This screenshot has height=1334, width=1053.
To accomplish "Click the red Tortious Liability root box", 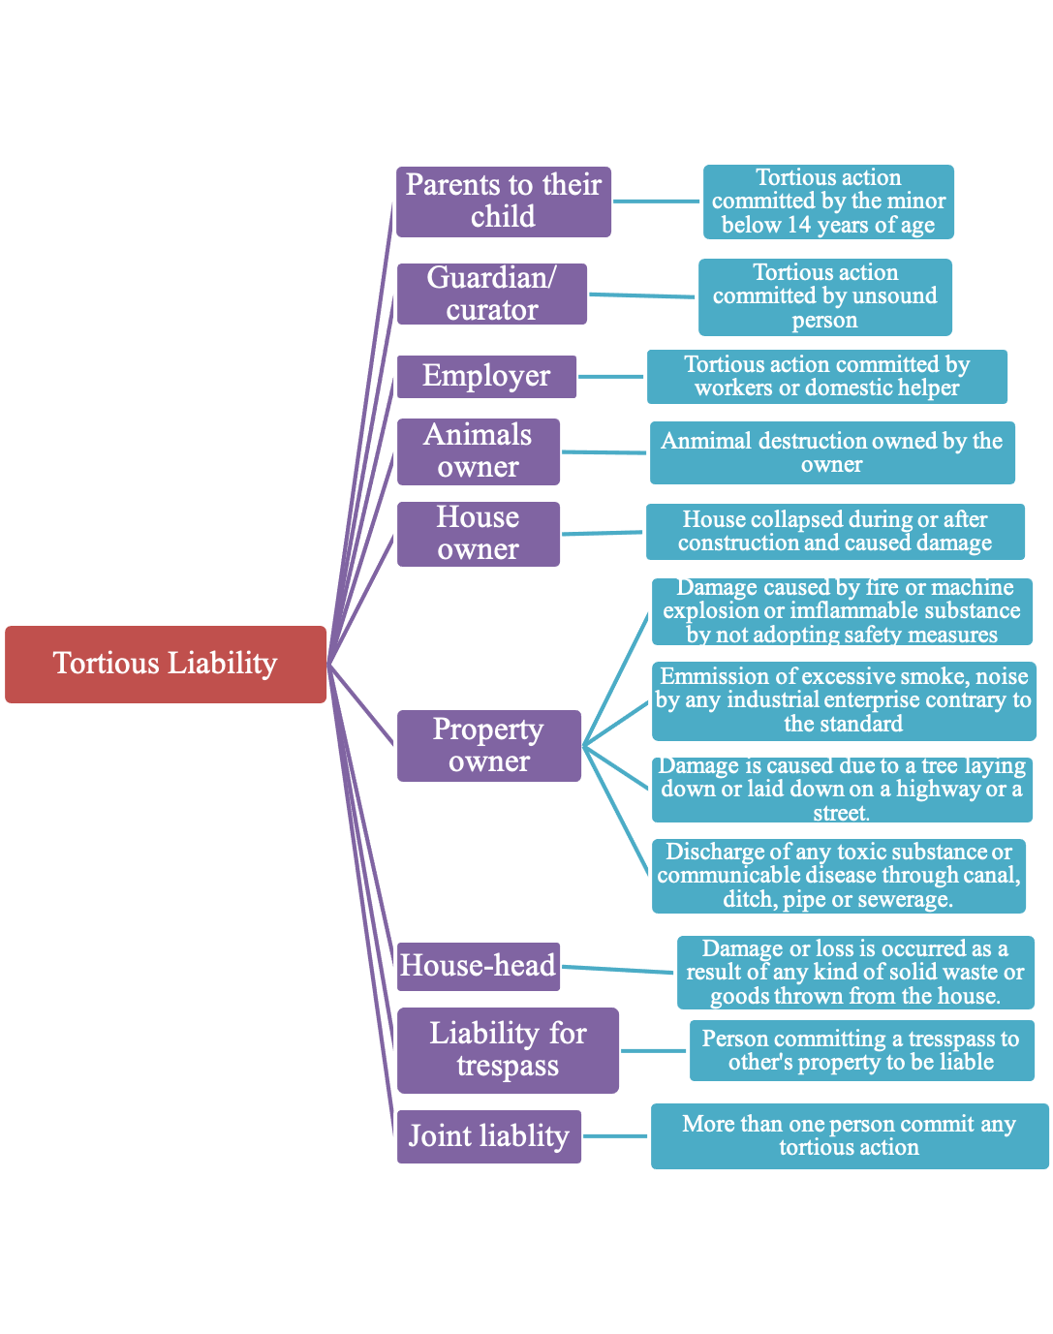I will (x=166, y=665).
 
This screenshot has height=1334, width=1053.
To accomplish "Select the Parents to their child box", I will (x=503, y=202).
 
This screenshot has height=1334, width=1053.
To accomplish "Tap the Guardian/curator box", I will (x=491, y=294).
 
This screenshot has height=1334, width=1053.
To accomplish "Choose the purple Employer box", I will (x=486, y=376).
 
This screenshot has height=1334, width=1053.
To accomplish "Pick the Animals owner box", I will (x=478, y=451).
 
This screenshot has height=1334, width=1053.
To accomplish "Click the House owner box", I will (x=478, y=534).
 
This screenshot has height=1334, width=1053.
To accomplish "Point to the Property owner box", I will (x=488, y=745).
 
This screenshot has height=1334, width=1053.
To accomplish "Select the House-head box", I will (x=478, y=966).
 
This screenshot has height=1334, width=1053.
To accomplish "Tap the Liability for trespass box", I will (x=508, y=1050).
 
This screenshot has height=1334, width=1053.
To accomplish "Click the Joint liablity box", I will (x=488, y=1136).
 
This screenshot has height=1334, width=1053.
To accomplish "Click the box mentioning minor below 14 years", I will (x=828, y=202).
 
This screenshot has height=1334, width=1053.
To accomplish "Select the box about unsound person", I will (x=825, y=296).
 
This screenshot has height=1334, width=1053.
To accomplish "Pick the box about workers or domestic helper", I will (x=826, y=376).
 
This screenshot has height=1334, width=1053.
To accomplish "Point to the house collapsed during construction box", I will (x=834, y=531).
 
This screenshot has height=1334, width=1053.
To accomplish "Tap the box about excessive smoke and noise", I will (x=843, y=700).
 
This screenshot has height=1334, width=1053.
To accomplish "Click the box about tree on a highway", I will (x=841, y=790).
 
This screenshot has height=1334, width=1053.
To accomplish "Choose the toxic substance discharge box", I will (x=838, y=876).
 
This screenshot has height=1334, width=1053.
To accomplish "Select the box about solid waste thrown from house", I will (x=854, y=973).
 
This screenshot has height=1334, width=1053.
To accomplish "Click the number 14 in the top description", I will (x=798, y=226).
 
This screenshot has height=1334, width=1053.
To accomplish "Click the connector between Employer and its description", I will (x=611, y=376).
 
